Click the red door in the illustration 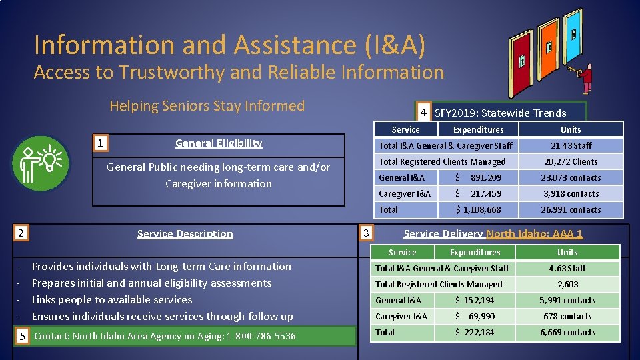coord(521,60)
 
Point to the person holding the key coord(587,77)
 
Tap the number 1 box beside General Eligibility coord(99,143)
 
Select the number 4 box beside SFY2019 coord(423,112)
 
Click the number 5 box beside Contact coord(22,336)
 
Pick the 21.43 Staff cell coord(571,145)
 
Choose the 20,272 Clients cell coord(571,161)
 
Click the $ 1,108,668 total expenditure coord(478,209)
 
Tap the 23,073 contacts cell coord(571,177)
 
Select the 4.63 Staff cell coord(567,268)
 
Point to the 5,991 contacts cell coord(567,300)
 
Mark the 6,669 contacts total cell coord(567,332)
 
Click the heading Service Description coord(185,233)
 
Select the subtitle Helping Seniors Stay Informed coord(207,105)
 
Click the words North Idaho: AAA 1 coord(535,233)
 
